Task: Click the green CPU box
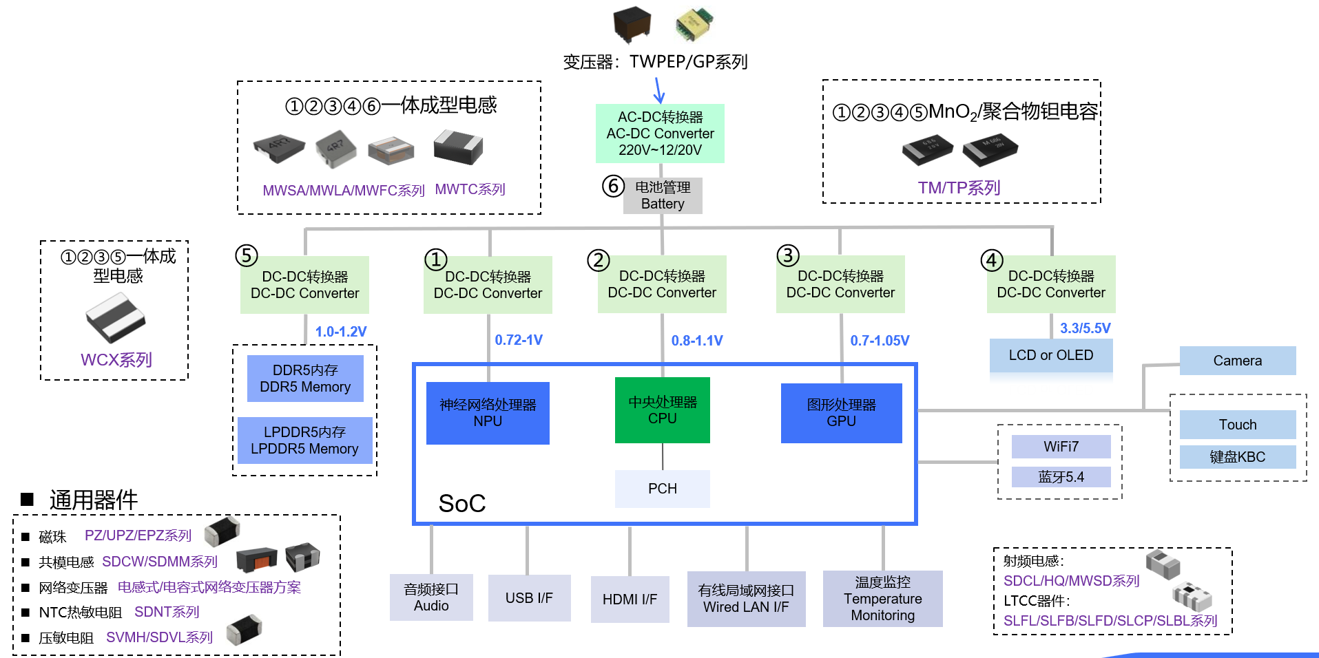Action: pyautogui.click(x=662, y=410)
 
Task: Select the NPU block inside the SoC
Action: pyautogui.click(x=488, y=413)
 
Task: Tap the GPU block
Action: pyautogui.click(x=841, y=413)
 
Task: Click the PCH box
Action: pyautogui.click(x=662, y=489)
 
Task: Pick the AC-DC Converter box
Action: pyautogui.click(x=660, y=134)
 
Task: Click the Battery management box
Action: pyautogui.click(x=663, y=195)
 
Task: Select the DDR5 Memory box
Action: pyautogui.click(x=305, y=379)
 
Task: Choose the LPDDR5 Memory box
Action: pyautogui.click(x=304, y=441)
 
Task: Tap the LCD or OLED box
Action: pyautogui.click(x=1050, y=356)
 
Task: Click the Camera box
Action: pyautogui.click(x=1237, y=361)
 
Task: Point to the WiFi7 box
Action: pyautogui.click(x=1061, y=447)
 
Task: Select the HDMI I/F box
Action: pyautogui.click(x=630, y=599)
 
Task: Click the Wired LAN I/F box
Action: pyautogui.click(x=746, y=599)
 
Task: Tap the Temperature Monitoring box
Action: pyautogui.click(x=882, y=599)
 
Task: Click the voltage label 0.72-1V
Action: pyautogui.click(x=519, y=340)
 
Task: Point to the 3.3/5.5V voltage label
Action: pyautogui.click(x=1085, y=328)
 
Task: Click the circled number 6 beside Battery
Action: pyautogui.click(x=613, y=186)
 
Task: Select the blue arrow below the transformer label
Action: pyautogui.click(x=659, y=90)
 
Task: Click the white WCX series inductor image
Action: pyautogui.click(x=115, y=318)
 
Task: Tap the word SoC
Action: pyautogui.click(x=462, y=504)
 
